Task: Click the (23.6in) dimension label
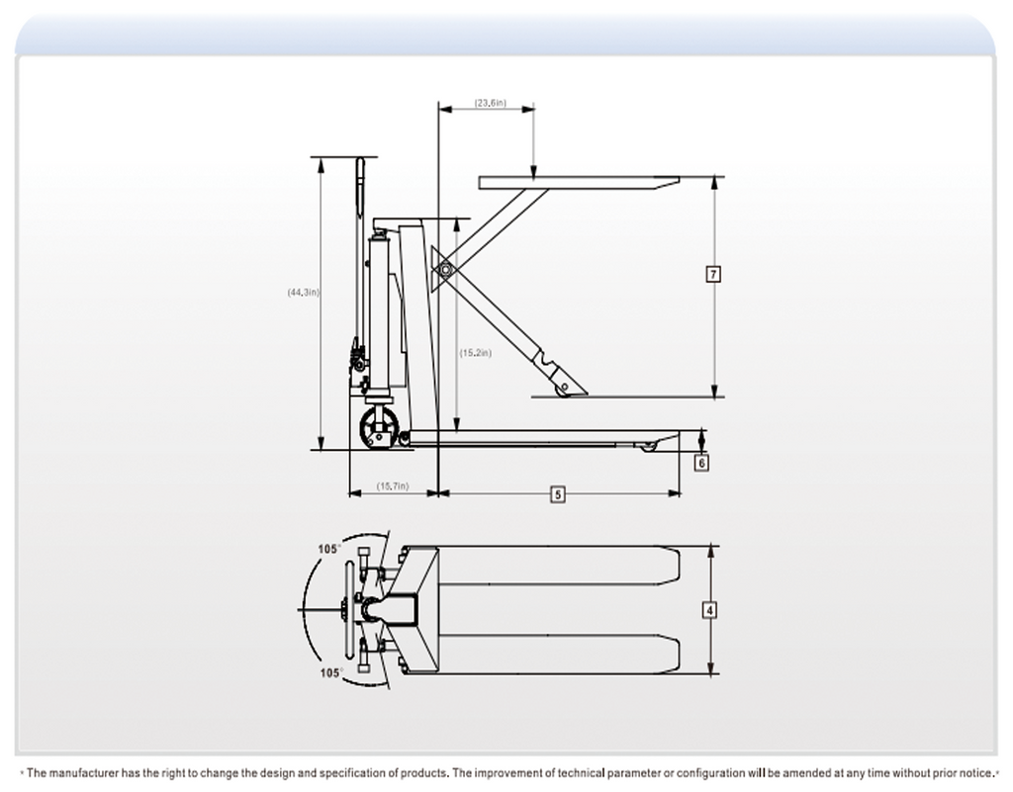click(491, 103)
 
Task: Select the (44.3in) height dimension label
click(303, 293)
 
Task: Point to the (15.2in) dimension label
click(476, 353)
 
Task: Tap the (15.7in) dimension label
click(393, 486)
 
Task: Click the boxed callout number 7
click(713, 274)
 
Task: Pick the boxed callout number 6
click(701, 463)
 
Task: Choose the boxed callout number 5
click(558, 494)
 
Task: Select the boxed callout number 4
click(709, 610)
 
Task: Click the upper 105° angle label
click(328, 550)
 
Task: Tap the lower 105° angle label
click(331, 673)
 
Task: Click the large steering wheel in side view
click(377, 427)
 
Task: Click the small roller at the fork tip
click(647, 445)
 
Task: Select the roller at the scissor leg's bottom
click(563, 390)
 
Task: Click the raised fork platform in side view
click(579, 183)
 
